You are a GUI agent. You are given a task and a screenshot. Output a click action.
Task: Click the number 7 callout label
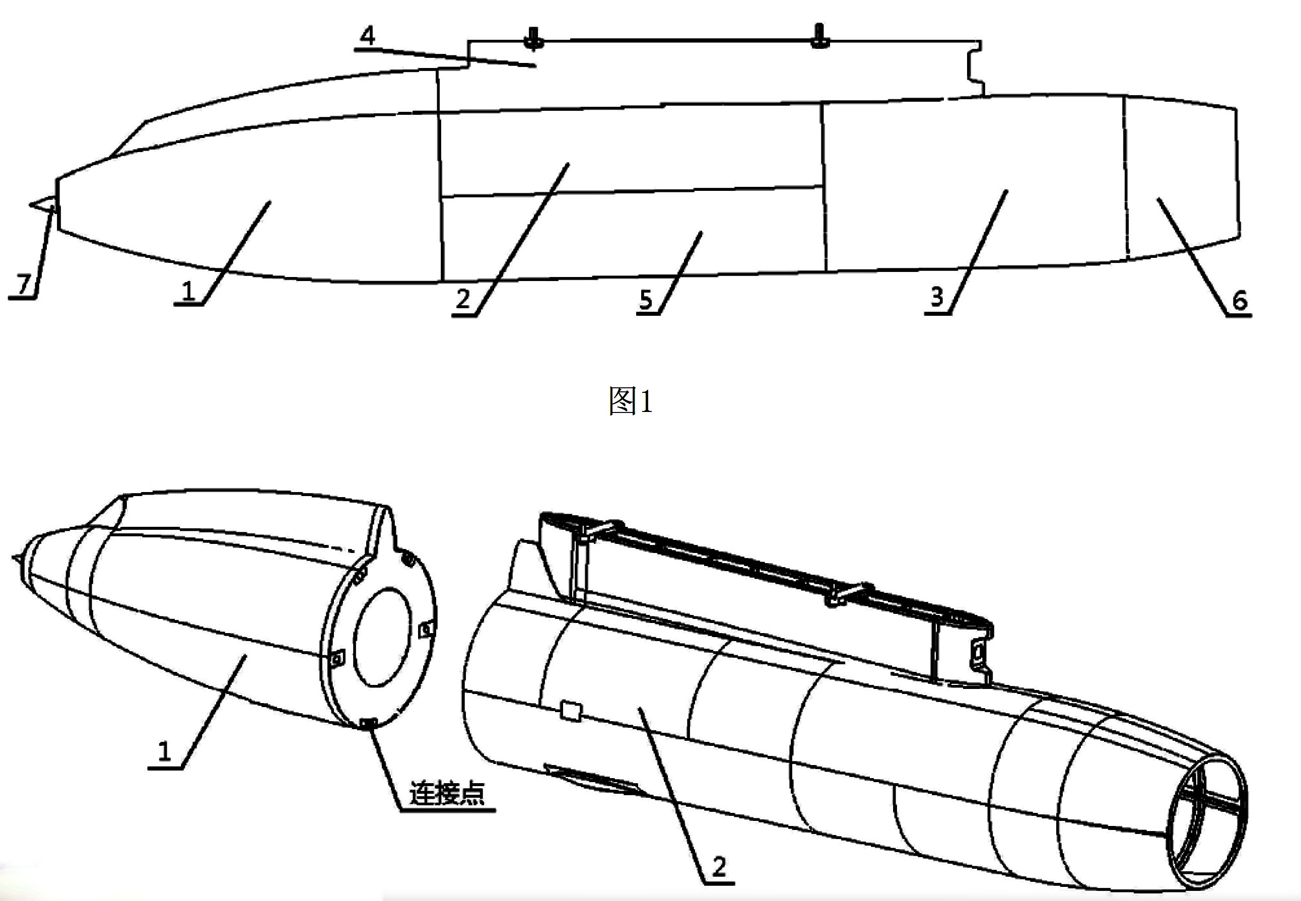click(x=23, y=284)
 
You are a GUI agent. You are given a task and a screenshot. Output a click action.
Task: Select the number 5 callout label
click(x=646, y=299)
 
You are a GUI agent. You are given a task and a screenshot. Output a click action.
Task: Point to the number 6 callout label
click(x=1239, y=300)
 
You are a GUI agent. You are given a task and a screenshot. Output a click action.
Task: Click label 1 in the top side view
click(x=188, y=291)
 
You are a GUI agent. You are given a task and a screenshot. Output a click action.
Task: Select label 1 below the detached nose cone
click(x=164, y=751)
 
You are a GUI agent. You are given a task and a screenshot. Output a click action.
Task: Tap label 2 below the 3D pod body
click(x=719, y=866)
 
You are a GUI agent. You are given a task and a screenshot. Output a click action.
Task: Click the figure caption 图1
click(x=631, y=402)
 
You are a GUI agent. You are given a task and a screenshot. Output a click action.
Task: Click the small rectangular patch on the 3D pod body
click(x=571, y=711)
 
